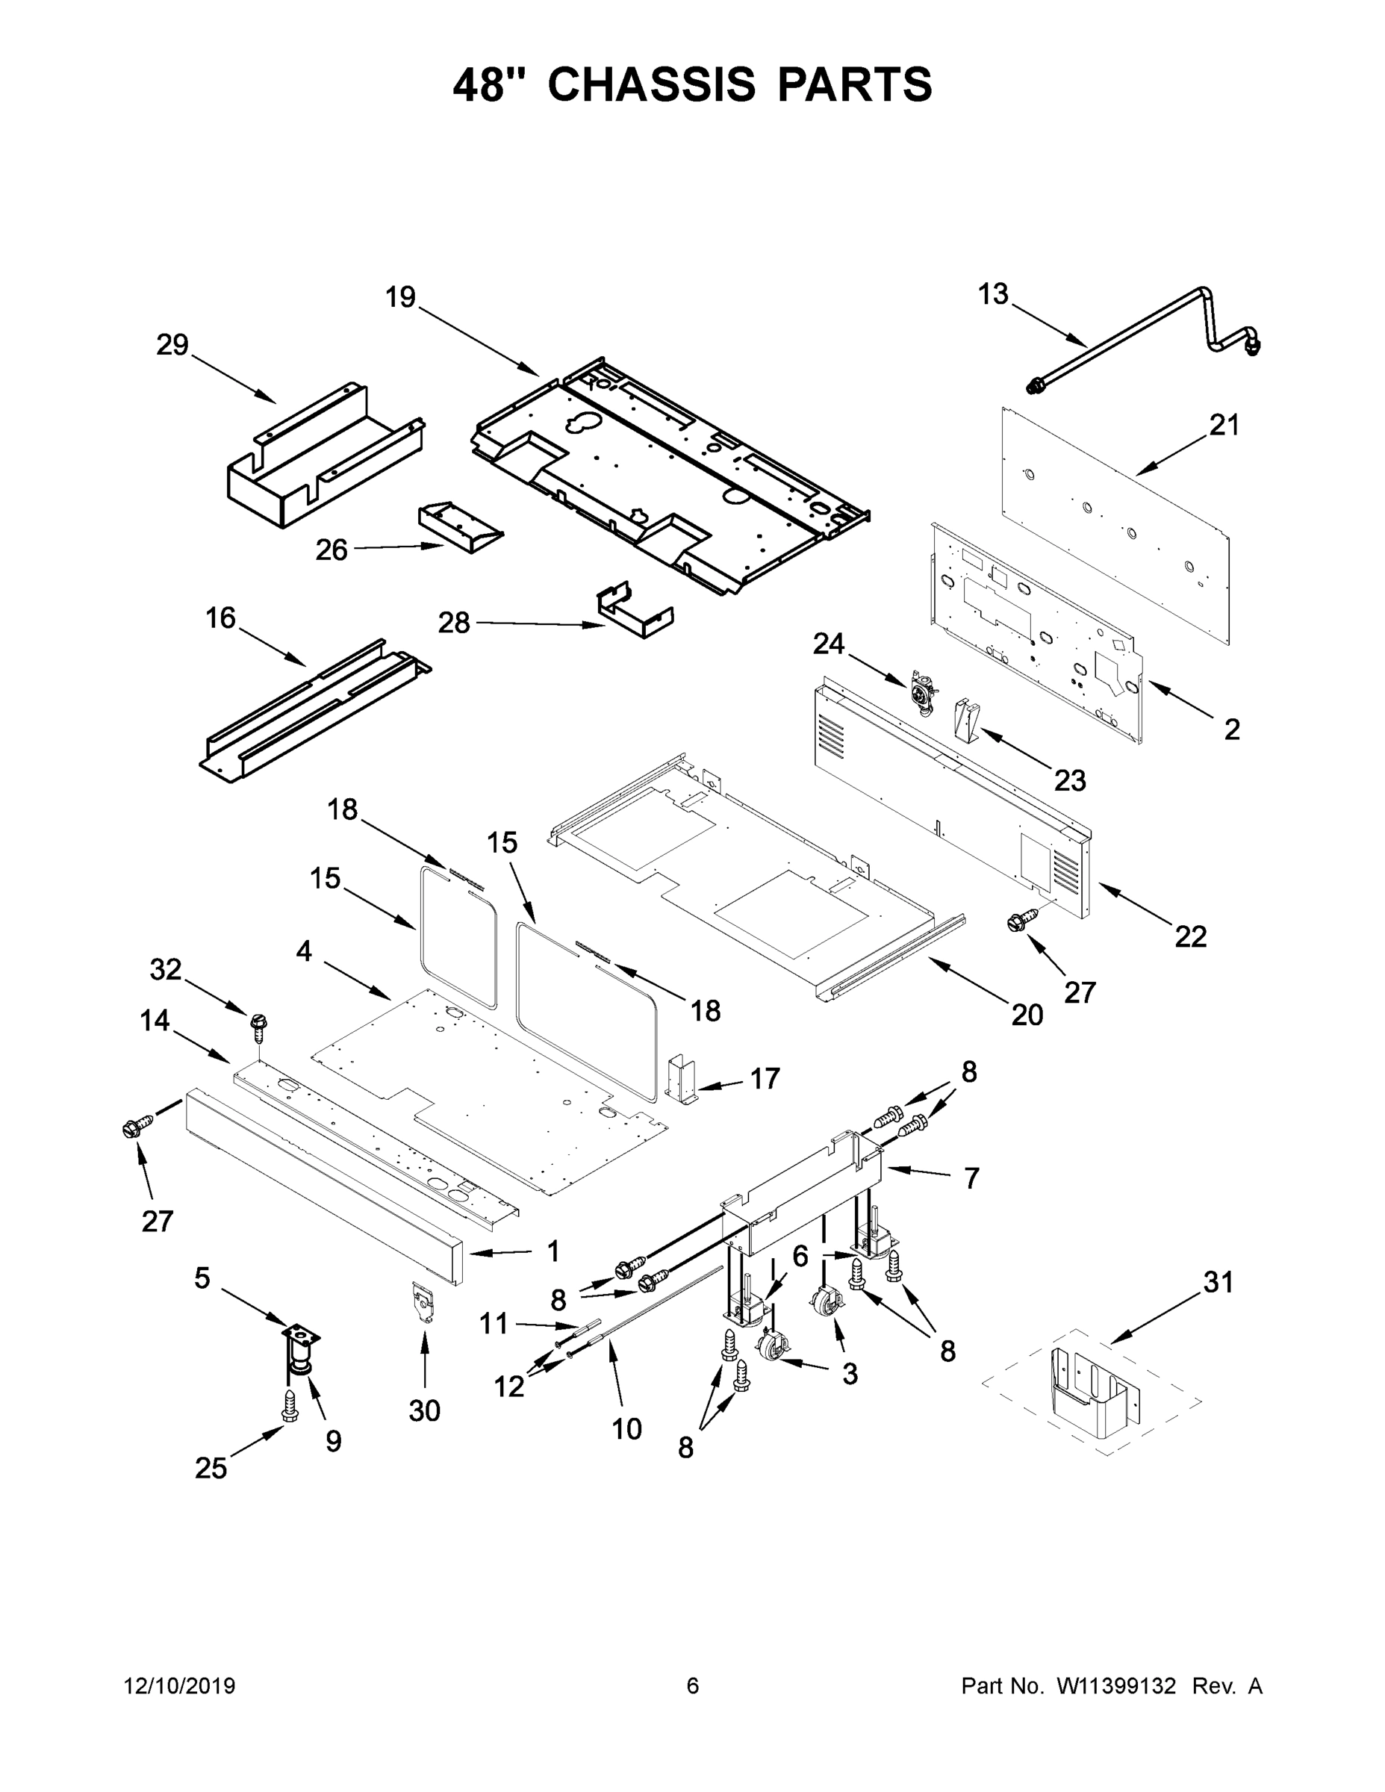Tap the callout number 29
[172, 346]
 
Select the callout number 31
[1219, 1281]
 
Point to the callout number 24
[829, 644]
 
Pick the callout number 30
[424, 1410]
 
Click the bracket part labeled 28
[634, 612]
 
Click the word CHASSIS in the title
[650, 84]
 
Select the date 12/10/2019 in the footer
[180, 1685]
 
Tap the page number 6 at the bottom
[693, 1685]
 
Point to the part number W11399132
[1116, 1685]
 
